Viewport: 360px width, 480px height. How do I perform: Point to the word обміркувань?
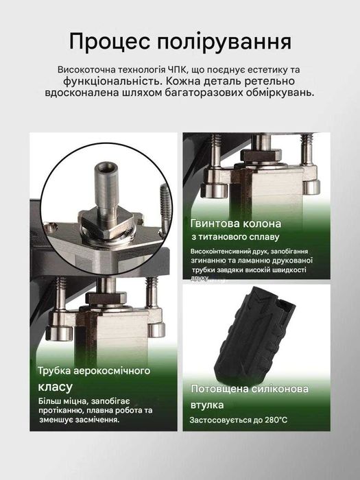277,92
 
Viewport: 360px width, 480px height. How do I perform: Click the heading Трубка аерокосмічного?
94,371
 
